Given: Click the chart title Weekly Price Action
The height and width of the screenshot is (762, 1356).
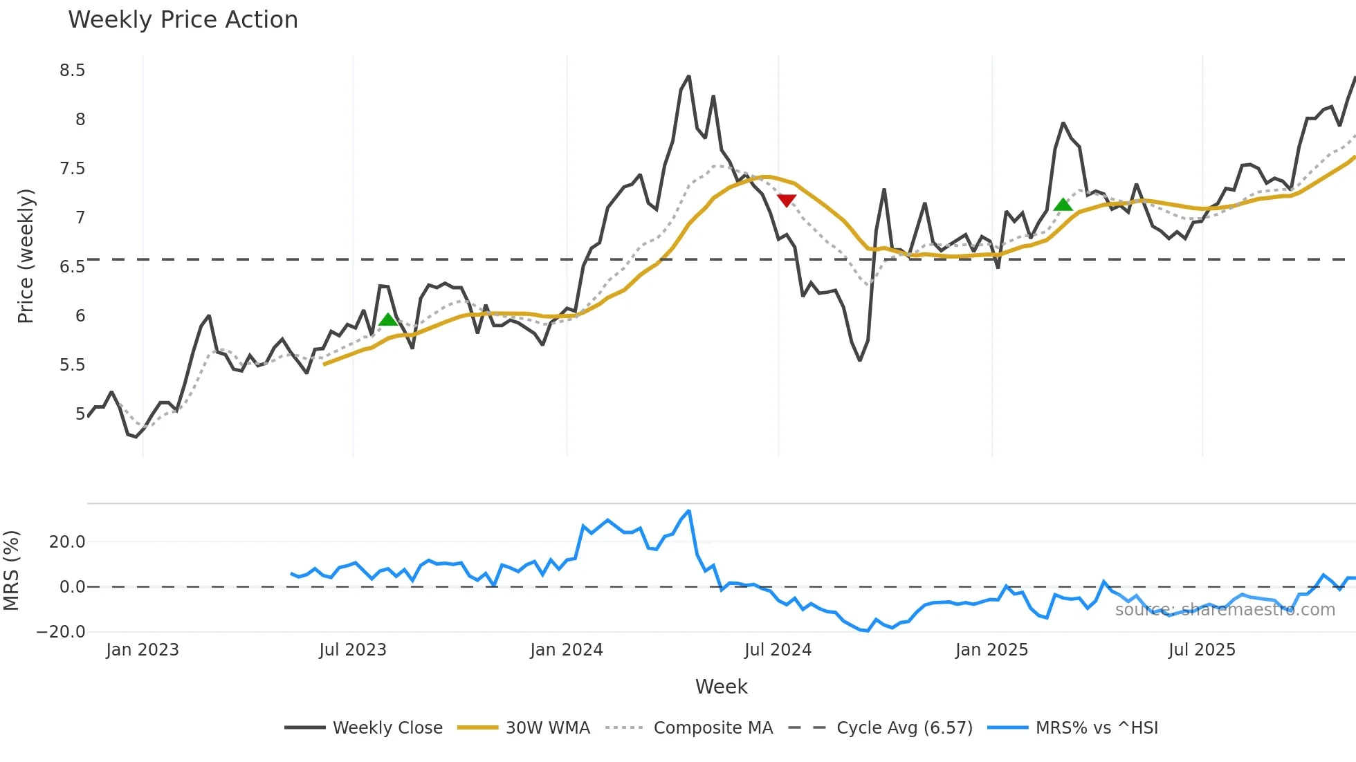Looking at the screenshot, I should tap(183, 20).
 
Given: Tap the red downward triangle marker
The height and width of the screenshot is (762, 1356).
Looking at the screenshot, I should tap(787, 201).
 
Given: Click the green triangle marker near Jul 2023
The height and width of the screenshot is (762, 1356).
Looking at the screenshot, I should tap(388, 319).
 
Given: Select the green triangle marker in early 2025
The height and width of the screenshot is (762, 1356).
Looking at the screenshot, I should tap(1063, 205).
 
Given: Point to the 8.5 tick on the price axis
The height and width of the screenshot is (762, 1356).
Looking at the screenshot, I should tap(72, 71).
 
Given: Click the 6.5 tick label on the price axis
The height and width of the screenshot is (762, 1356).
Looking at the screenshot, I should tap(72, 267).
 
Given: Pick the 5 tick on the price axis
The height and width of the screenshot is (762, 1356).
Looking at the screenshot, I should tap(80, 414).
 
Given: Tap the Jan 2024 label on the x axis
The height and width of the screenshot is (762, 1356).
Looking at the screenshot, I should tap(567, 650).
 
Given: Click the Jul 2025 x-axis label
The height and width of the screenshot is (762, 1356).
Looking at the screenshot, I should tap(1202, 650).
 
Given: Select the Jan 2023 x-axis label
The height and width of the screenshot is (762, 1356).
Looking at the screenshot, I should tap(143, 650).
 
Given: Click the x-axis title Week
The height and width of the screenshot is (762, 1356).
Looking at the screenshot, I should tap(721, 687).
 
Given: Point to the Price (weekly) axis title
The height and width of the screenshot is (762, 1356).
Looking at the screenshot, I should tap(26, 256).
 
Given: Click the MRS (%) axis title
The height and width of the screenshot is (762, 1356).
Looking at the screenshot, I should tap(12, 570).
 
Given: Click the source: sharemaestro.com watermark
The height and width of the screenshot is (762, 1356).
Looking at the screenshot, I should tap(1225, 610).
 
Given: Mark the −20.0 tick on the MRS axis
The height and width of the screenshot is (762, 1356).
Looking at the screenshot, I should tap(61, 632).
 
